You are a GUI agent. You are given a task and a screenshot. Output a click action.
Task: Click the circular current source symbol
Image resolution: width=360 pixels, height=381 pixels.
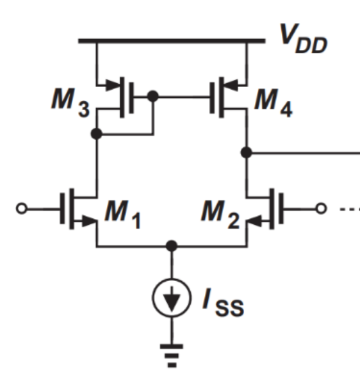point(171,298)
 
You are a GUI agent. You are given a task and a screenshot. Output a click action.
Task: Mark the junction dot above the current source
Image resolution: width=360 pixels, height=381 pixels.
point(171,245)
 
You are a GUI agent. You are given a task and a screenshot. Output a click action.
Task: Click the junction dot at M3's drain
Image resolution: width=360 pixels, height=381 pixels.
point(96,134)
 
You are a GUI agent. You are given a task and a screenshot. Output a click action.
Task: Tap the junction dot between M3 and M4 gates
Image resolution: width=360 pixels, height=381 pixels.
point(152,97)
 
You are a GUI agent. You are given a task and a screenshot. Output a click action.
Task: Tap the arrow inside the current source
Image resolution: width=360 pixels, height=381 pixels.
point(171,300)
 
